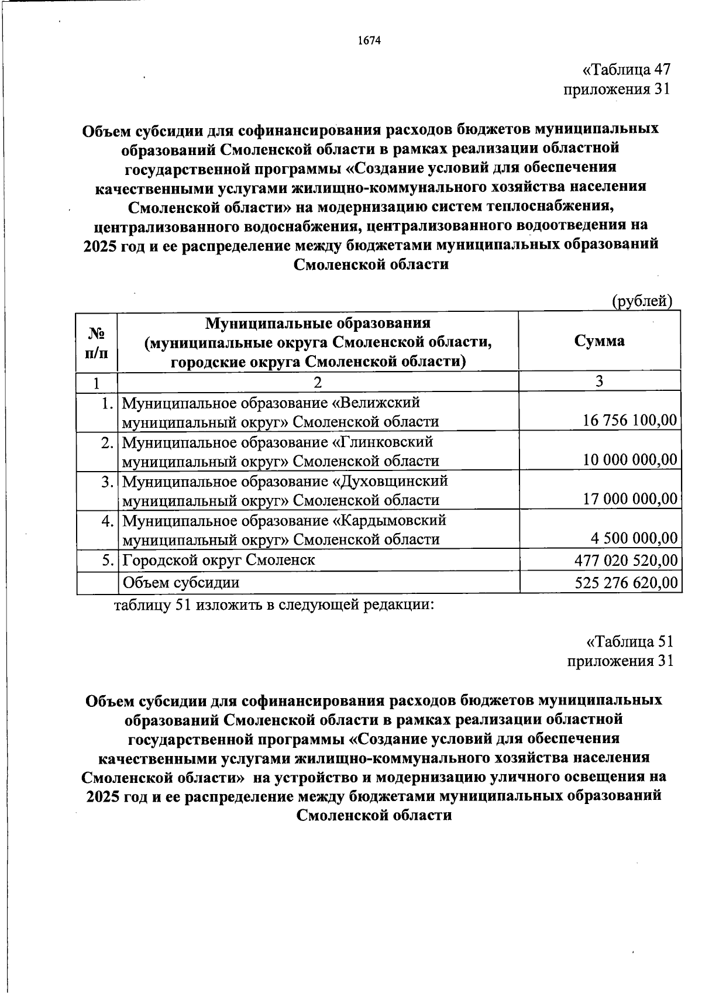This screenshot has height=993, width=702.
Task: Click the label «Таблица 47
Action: tap(625, 70)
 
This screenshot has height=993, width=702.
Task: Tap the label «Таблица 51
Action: tap(629, 641)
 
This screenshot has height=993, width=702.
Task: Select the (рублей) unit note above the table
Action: tap(642, 301)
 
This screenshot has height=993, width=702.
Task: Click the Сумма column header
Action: tap(599, 341)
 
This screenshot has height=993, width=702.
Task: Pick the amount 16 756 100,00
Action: tap(630, 421)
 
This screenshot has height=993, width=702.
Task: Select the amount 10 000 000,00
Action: tap(630, 460)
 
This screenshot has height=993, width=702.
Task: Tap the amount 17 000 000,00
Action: tap(630, 499)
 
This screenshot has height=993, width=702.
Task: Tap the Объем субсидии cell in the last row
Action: tap(181, 583)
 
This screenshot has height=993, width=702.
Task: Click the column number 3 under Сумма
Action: tap(599, 382)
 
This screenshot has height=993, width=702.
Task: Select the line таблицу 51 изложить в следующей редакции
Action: tap(274, 604)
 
